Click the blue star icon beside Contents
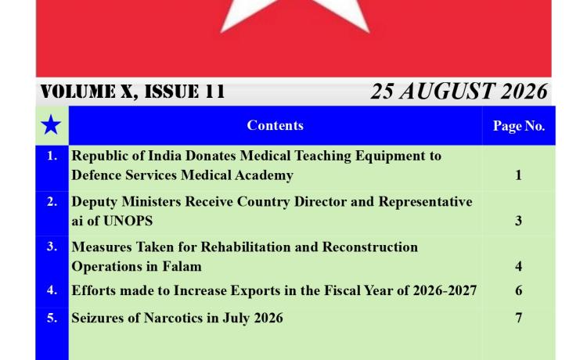click(51, 125)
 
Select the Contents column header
click(275, 125)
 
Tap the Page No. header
click(518, 126)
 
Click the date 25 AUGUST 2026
click(459, 92)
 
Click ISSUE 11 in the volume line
click(185, 92)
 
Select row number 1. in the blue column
click(52, 156)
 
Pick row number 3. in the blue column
click(52, 247)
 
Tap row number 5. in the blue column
click(52, 318)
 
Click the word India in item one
click(164, 156)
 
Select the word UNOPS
click(128, 221)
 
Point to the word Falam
click(182, 266)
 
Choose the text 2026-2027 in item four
click(445, 290)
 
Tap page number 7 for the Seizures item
click(518, 318)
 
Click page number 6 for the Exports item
click(518, 290)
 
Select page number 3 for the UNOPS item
click(518, 221)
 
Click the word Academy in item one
click(264, 175)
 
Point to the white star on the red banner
click(295, 15)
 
